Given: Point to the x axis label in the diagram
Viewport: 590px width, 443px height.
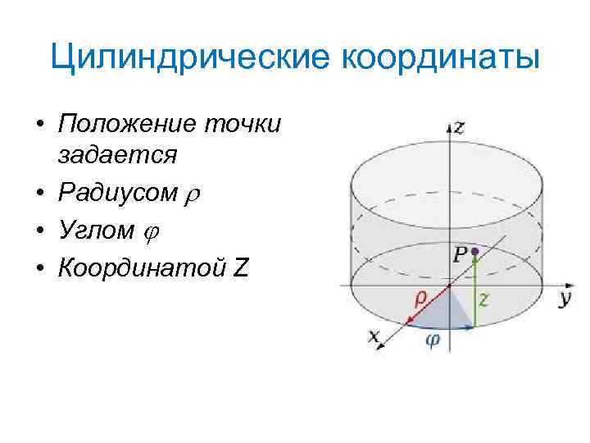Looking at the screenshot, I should [374, 335].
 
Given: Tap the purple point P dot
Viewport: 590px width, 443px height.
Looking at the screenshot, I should [473, 249].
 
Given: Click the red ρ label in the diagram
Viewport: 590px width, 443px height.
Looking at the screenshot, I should [419, 300].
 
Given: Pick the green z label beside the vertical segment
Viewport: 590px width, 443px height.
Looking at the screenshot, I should [483, 299].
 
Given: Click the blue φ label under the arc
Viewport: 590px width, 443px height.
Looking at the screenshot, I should [432, 341].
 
